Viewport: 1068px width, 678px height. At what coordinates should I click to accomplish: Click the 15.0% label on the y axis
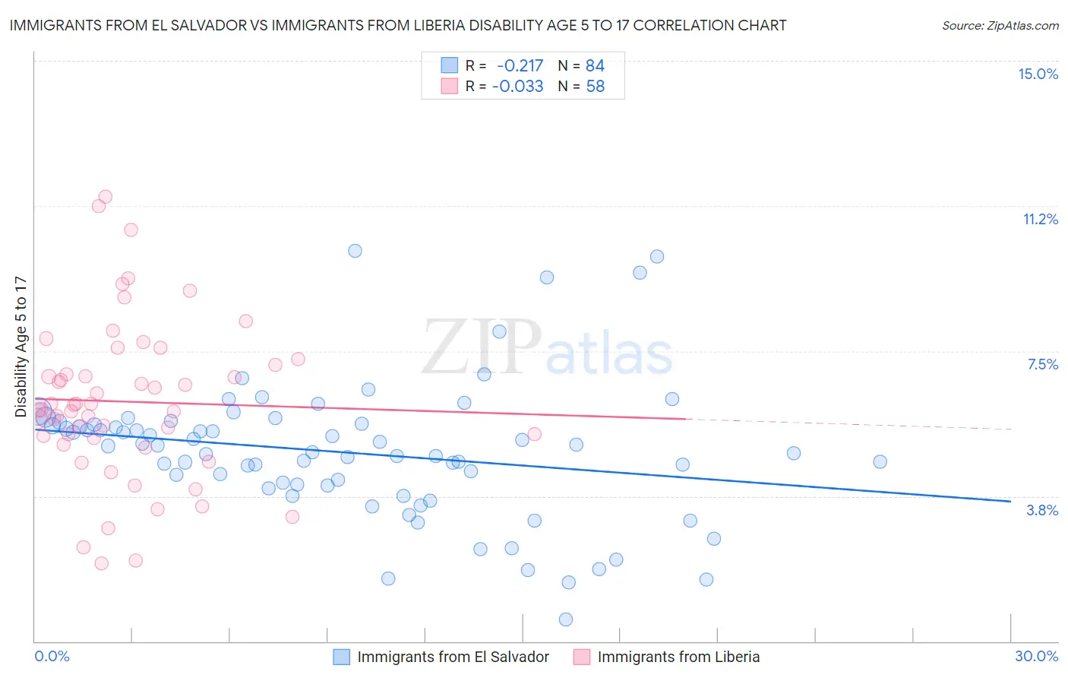(1038, 74)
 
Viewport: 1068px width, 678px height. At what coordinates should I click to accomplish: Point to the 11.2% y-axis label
(1040, 219)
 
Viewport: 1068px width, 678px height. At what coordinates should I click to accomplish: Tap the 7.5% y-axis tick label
(1042, 364)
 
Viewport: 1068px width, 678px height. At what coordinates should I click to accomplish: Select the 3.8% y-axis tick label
(1042, 510)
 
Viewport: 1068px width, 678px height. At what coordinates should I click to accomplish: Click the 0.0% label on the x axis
(52, 656)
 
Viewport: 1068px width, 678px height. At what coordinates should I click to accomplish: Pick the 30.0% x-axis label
(1036, 656)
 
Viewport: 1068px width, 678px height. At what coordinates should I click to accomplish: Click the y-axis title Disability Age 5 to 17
(21, 346)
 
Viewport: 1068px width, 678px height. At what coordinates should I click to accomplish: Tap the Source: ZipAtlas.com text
(1000, 25)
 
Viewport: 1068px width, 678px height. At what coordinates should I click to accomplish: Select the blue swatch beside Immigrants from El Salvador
(342, 657)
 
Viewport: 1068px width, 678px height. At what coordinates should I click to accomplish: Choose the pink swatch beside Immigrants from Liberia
(582, 657)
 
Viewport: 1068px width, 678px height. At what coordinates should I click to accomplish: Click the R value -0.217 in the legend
(520, 65)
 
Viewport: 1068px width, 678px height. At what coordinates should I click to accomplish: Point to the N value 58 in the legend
(596, 86)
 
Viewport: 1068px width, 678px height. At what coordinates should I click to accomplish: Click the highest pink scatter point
(105, 197)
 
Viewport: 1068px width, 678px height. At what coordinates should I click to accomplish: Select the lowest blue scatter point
(566, 619)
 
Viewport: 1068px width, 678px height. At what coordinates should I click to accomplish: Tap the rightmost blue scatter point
(880, 461)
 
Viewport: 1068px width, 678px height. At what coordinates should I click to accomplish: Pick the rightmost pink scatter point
(535, 434)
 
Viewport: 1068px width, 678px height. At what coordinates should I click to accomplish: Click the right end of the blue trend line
(1010, 501)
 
